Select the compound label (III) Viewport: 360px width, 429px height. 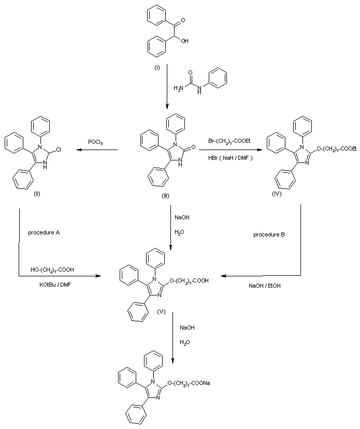tap(166, 195)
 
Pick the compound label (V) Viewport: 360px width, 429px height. tap(161, 314)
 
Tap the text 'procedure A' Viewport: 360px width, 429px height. tap(44, 232)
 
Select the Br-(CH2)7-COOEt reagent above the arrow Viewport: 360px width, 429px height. tap(231, 141)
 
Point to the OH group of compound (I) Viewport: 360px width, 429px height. tap(185, 40)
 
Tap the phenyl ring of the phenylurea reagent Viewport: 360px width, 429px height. tap(219, 78)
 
